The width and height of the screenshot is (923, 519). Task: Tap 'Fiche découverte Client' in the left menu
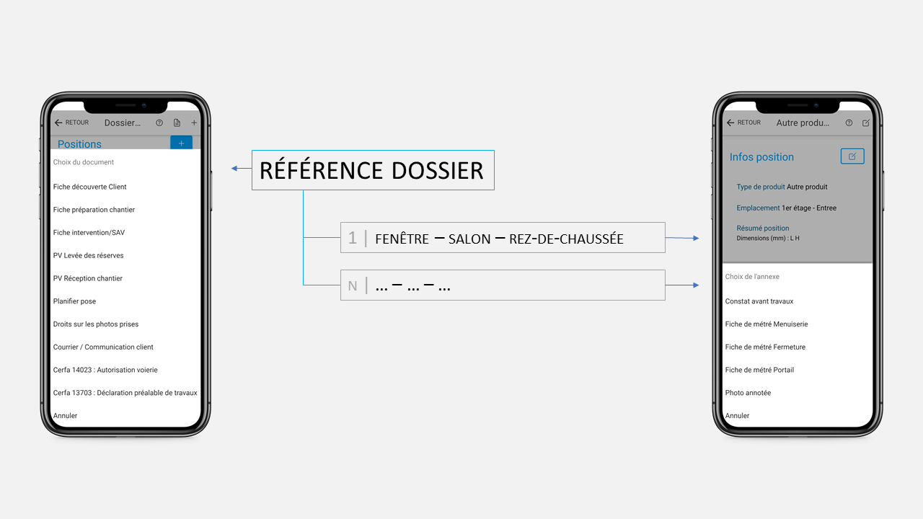(x=89, y=187)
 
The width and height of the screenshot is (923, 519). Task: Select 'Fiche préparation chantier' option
(x=94, y=210)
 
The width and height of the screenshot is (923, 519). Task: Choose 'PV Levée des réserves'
(x=88, y=255)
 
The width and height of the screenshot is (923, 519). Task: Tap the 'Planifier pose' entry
(x=74, y=301)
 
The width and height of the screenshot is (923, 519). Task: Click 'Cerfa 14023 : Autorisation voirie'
(x=105, y=370)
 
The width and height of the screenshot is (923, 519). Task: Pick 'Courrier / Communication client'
(x=103, y=347)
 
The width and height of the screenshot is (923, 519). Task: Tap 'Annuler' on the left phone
(x=65, y=416)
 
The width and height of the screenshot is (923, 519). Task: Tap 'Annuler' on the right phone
(x=737, y=416)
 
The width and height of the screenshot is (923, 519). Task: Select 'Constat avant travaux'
(x=759, y=301)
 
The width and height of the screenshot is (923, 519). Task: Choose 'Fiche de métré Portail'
(x=759, y=370)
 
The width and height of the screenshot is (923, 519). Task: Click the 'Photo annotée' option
(x=748, y=393)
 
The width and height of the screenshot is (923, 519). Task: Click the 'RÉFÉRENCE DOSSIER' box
(x=372, y=170)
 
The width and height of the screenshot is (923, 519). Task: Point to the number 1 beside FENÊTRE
(x=353, y=238)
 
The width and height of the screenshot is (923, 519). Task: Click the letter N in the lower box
(x=353, y=286)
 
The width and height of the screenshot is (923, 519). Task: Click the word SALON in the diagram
(x=469, y=239)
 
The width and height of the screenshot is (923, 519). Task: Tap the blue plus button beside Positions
(x=181, y=143)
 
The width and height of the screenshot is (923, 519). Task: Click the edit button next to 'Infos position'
(x=852, y=156)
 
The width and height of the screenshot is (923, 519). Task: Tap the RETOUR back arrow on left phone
(x=59, y=123)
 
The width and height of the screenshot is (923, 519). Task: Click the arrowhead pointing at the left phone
(x=235, y=169)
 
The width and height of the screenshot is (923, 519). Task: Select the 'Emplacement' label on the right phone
(x=758, y=208)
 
